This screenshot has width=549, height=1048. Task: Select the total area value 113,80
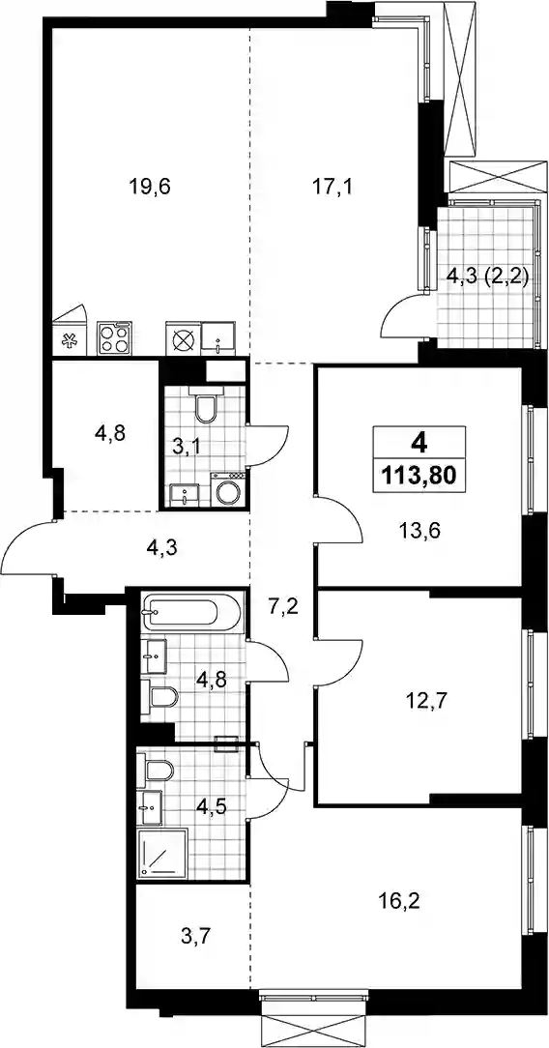(419, 476)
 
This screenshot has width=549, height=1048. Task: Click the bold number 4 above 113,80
(419, 442)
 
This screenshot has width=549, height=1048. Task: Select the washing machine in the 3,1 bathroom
(228, 490)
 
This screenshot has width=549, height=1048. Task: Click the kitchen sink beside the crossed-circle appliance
(219, 338)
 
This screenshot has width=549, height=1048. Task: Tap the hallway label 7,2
(280, 609)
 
